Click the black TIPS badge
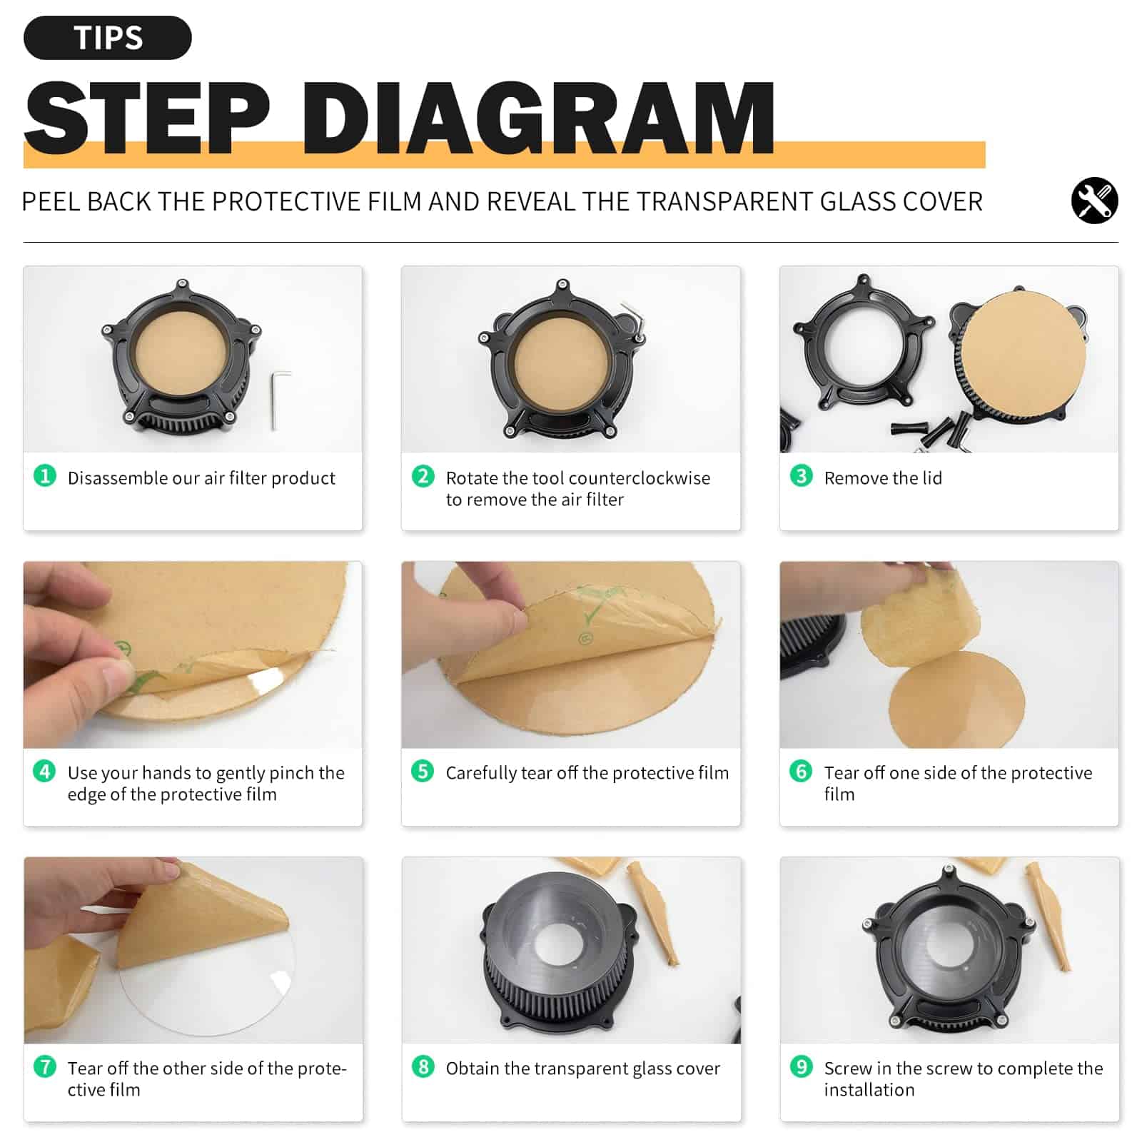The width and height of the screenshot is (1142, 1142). [108, 38]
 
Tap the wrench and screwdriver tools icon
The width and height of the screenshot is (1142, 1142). [1094, 201]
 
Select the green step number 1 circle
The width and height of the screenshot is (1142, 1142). [45, 475]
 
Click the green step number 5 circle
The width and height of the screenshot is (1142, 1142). [423, 771]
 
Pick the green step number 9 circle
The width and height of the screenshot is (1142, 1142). [801, 1066]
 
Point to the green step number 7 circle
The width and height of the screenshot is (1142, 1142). [45, 1066]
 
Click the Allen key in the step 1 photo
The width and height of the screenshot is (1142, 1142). [279, 400]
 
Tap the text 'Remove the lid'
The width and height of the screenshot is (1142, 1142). [883, 478]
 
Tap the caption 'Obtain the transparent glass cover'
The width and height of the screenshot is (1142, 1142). [583, 1068]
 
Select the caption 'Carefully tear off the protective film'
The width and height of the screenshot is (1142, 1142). [587, 773]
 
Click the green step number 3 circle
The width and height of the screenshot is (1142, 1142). [801, 475]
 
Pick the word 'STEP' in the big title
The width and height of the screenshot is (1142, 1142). [147, 118]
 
